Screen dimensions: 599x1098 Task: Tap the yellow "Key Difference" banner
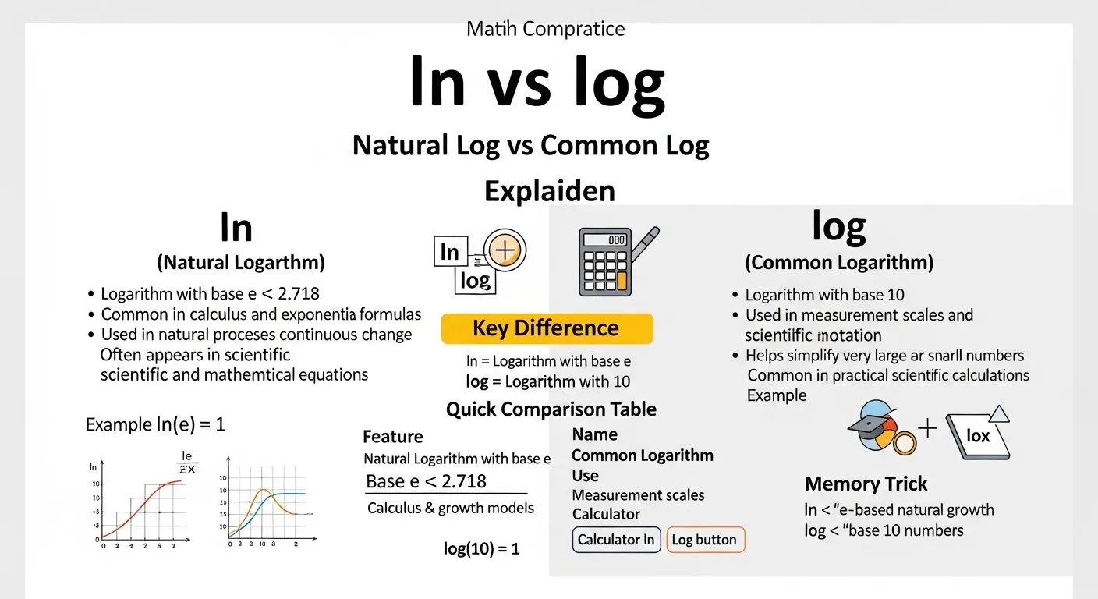546,328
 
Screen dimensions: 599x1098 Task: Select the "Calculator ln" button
616,540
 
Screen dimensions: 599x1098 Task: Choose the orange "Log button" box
705,540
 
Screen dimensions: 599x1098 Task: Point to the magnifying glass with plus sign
505,250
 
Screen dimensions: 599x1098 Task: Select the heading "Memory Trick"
866,484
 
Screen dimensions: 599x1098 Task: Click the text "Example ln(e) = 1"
155,424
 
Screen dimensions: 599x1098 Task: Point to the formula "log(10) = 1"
481,548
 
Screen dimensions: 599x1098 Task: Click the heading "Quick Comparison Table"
551,409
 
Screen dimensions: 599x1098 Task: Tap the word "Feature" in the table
393,437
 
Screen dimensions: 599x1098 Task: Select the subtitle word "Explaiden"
549,190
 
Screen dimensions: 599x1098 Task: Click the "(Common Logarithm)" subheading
838,263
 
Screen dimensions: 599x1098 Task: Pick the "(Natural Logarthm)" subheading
241,263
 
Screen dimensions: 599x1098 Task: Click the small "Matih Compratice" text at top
545,30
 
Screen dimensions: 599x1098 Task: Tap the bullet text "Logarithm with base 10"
824,295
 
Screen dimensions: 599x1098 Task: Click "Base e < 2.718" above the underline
426,481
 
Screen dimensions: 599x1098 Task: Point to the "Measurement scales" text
638,495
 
